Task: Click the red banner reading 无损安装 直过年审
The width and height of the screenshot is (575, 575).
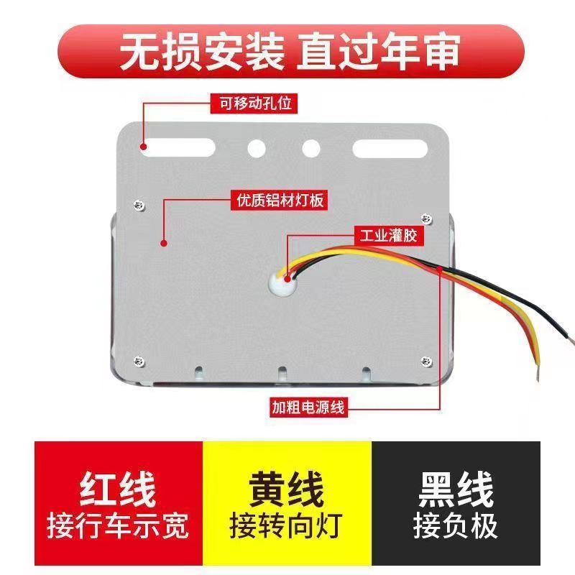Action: [x=287, y=49]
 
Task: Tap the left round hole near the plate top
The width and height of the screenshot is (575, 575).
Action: [x=257, y=149]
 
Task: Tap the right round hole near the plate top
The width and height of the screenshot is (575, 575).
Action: [x=310, y=149]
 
